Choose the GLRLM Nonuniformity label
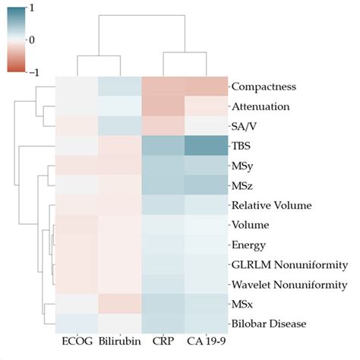(289, 264)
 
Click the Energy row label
(248, 245)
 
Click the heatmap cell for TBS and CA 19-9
(207, 146)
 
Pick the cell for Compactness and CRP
(163, 87)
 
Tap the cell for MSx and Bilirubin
(119, 304)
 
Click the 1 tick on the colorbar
(32, 7)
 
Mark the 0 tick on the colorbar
(32, 38)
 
